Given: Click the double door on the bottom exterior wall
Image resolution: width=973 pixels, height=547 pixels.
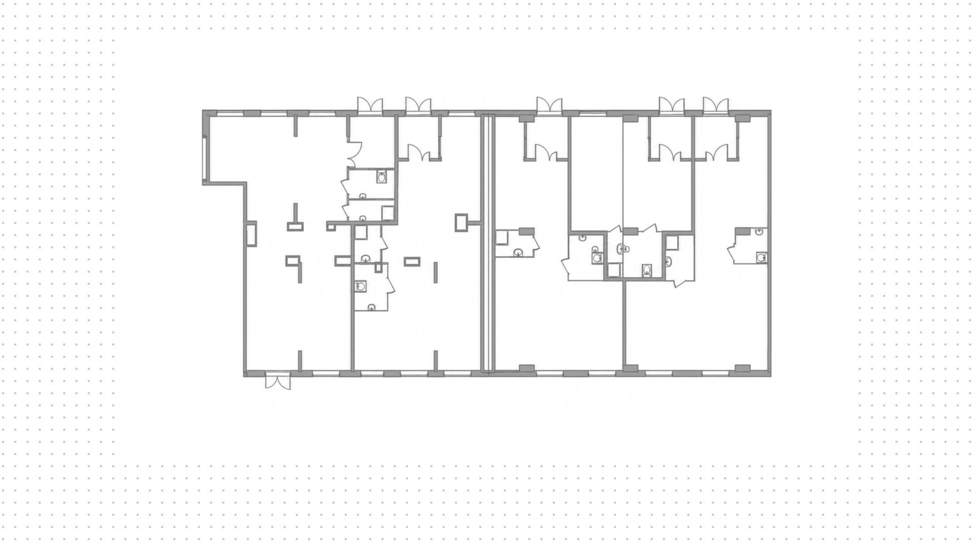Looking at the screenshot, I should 278,381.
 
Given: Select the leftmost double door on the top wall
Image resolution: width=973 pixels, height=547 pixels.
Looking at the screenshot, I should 370,106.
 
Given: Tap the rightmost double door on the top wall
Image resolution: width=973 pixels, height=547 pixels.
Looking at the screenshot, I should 716,105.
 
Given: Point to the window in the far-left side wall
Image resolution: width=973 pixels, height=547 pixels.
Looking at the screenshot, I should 204,158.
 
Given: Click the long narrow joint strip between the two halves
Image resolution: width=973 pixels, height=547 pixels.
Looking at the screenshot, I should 488,244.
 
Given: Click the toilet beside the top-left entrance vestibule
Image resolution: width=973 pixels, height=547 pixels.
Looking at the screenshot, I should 382,177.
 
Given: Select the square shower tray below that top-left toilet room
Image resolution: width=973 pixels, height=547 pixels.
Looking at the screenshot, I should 388,213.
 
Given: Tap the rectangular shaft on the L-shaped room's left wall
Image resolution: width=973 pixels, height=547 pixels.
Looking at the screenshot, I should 251,234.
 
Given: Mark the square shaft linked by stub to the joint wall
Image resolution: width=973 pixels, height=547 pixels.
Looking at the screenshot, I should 461,222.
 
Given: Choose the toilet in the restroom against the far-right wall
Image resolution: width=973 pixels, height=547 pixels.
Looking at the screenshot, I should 761,258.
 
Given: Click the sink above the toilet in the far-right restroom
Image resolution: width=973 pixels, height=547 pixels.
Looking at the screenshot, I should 759,232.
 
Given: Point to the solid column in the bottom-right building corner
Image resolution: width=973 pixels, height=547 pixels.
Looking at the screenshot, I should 742,368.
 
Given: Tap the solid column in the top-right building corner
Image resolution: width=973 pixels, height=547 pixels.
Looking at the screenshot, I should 742,118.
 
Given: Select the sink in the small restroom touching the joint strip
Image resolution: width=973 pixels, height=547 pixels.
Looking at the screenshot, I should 518,252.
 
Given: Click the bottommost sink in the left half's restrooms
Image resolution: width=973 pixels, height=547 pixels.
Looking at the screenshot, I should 371,306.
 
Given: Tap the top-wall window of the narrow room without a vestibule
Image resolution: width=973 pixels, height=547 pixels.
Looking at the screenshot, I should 593,113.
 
